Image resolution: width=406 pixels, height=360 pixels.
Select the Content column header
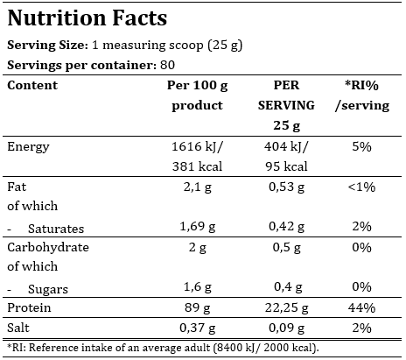pyautogui.click(x=32, y=86)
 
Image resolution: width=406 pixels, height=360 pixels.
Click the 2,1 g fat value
pyautogui.click(x=196, y=187)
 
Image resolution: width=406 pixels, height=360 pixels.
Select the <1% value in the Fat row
pyautogui.click(x=360, y=187)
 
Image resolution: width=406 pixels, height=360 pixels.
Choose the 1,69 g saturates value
pyautogui.click(x=196, y=228)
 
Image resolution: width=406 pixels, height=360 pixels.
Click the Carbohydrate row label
pyautogui.click(x=48, y=248)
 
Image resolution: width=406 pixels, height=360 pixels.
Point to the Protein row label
pyautogui.click(x=30, y=308)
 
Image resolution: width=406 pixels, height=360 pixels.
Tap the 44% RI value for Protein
pyautogui.click(x=360, y=308)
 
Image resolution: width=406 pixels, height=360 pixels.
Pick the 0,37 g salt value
pyautogui.click(x=196, y=328)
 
